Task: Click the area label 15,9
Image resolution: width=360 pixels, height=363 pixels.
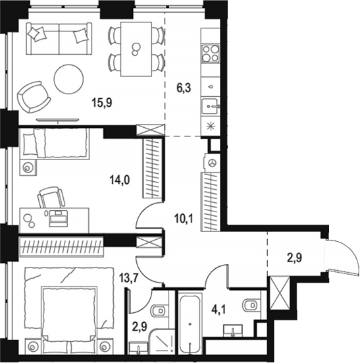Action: (102, 103)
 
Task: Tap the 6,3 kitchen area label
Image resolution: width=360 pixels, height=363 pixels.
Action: (184, 88)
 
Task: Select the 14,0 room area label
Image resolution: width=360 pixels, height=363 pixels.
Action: (120, 180)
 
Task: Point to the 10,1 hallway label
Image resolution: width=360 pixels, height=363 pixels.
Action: (184, 219)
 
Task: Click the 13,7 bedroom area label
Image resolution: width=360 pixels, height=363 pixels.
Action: (128, 277)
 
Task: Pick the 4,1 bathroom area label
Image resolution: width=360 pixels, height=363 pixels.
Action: (219, 310)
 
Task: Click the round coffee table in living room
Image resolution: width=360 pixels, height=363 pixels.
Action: (68, 79)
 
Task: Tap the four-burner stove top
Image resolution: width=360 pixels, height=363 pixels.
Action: (210, 53)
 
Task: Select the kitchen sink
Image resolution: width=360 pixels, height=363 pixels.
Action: (210, 106)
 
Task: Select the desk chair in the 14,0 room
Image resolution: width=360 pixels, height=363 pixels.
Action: (51, 197)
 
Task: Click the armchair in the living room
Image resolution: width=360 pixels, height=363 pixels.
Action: (34, 97)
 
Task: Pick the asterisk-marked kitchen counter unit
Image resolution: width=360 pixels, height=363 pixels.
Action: (210, 126)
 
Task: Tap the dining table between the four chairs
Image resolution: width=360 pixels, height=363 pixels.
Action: (136, 49)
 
